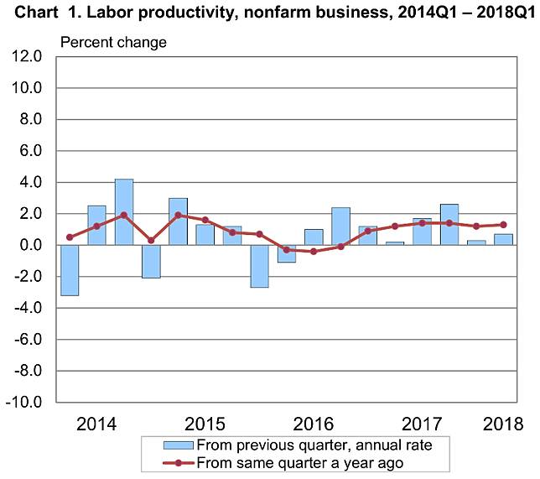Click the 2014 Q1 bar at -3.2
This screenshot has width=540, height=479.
coord(70,270)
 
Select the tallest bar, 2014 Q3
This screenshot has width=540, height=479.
coord(124,212)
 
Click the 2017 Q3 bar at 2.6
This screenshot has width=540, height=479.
coord(449,225)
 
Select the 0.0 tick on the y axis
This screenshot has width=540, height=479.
coord(28,245)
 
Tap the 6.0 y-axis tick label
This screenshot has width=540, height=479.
coord(28,151)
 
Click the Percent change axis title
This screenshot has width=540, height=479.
coord(112,42)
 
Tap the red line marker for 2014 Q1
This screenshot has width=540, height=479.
coord(70,237)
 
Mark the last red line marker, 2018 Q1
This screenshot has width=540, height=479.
coord(503,225)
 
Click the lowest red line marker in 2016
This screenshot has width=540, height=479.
coord(314,252)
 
